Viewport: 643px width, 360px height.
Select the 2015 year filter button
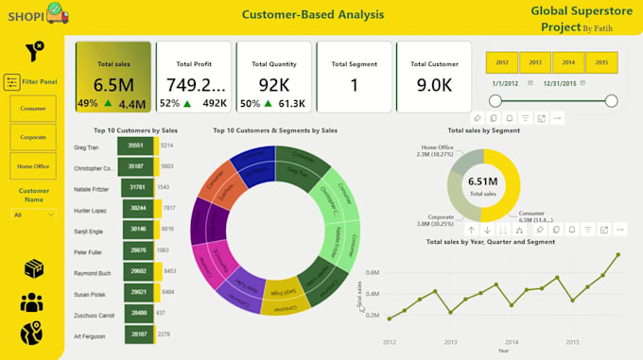click(x=597, y=62)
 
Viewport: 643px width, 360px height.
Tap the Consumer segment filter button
click(x=33, y=110)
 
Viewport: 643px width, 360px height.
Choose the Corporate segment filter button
click(x=33, y=137)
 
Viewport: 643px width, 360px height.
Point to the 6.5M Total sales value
click(x=113, y=84)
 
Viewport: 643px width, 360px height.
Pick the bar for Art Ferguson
click(x=136, y=334)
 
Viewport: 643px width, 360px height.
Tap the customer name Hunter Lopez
click(x=91, y=208)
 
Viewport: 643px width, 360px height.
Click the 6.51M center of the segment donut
click(x=481, y=181)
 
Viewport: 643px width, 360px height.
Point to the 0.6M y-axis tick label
click(x=373, y=272)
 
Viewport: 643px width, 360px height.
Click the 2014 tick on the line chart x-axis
click(x=512, y=342)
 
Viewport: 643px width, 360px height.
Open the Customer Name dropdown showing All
click(x=33, y=214)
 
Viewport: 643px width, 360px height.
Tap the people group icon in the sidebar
click(x=33, y=302)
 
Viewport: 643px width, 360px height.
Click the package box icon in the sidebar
click(x=33, y=268)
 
